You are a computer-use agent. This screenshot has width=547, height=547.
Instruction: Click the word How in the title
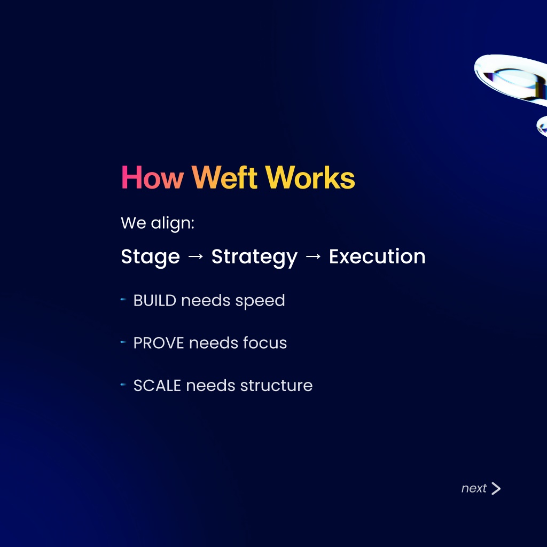152,177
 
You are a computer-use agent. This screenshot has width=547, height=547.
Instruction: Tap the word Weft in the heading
225,177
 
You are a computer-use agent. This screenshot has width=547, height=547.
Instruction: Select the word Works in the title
310,177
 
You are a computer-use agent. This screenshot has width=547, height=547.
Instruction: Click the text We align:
158,223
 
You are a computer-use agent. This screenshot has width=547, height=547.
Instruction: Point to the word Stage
150,257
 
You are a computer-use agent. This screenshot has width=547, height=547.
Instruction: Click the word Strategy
254,257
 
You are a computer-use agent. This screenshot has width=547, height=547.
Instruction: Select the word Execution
377,256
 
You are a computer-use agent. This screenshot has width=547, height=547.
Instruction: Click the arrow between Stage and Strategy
196,256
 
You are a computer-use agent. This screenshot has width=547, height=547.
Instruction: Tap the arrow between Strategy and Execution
313,256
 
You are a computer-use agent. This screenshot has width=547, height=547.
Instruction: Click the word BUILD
155,300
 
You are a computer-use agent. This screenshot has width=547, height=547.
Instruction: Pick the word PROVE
159,343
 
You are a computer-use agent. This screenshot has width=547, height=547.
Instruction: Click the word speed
260,301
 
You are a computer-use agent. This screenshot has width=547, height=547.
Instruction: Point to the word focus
265,342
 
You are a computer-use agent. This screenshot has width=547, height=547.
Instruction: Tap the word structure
276,386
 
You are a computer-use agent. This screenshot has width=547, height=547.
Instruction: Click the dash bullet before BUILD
123,299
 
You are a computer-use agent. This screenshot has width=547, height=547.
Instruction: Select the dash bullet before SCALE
123,385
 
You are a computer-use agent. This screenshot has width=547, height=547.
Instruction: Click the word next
474,488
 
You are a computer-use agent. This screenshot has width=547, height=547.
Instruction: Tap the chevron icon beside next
496,488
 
